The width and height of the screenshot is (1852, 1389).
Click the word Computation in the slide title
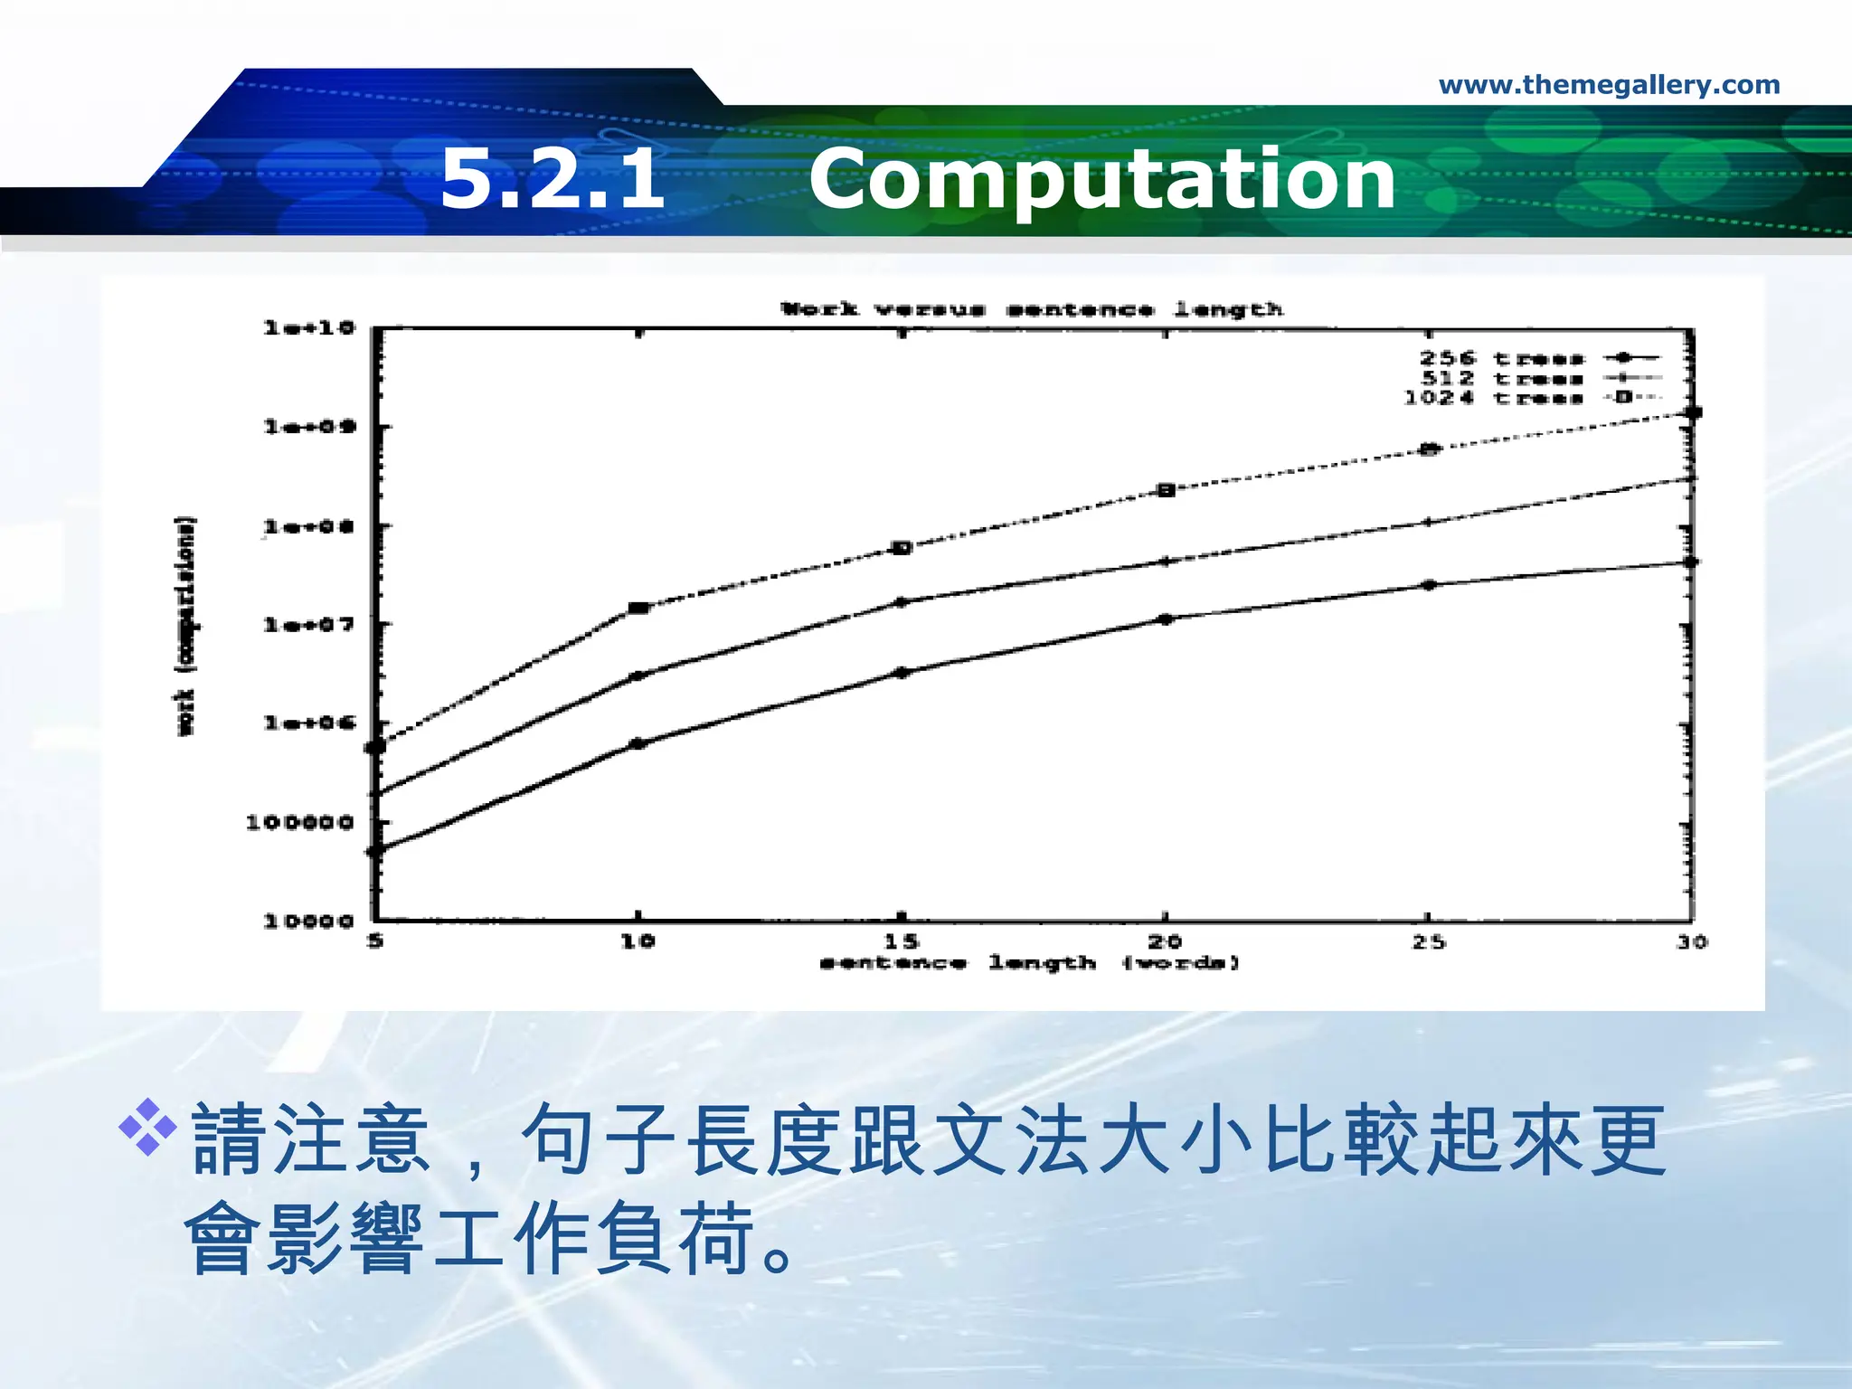1101,179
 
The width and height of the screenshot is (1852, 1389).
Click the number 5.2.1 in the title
553,179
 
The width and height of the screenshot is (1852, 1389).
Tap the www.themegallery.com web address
1609,85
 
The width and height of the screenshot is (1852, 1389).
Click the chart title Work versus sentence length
1032,309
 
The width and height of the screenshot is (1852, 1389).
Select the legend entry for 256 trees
1537,358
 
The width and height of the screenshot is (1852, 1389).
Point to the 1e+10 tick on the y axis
309,327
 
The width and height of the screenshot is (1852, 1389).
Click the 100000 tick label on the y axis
299,822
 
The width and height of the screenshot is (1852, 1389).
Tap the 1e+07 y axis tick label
309,624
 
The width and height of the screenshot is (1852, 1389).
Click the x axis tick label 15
902,941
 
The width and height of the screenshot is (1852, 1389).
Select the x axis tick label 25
1429,941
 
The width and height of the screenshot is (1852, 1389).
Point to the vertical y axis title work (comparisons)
185,626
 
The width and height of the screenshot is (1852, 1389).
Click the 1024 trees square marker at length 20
1166,490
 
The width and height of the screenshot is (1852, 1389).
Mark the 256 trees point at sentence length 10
638,743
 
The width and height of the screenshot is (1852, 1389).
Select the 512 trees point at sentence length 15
902,601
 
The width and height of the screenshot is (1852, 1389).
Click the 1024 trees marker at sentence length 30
1693,413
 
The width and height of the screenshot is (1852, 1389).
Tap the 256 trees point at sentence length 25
1429,585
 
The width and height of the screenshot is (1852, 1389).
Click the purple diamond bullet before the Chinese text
147,1126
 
